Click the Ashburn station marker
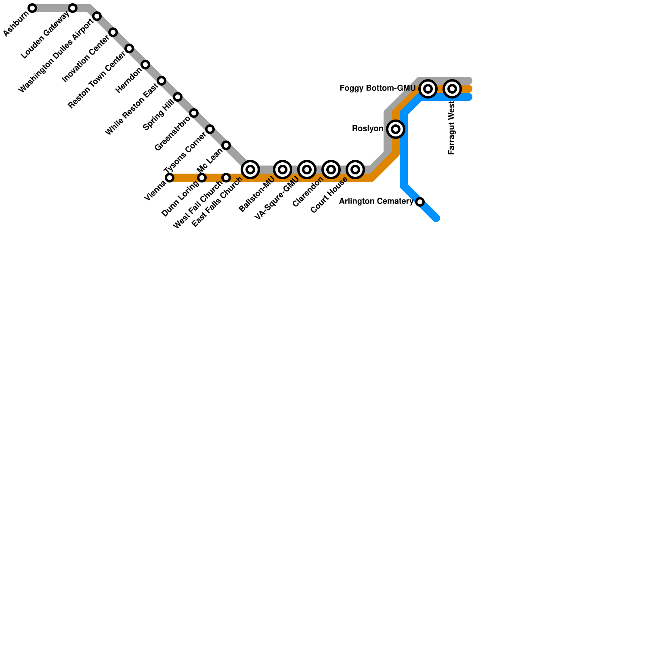point(32,8)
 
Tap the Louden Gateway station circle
point(73,8)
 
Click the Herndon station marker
point(145,65)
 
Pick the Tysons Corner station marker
point(210,129)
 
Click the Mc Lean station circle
point(226,145)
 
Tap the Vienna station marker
point(170,178)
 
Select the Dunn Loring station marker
point(202,178)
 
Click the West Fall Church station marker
point(226,178)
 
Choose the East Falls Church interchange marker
point(250,170)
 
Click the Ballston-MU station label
point(257,195)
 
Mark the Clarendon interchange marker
point(331,170)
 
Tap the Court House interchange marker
point(355,170)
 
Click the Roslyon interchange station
point(396,129)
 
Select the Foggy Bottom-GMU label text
point(378,88)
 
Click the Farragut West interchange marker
point(452,89)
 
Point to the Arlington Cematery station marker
point(420,202)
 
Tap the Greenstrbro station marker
point(194,113)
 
